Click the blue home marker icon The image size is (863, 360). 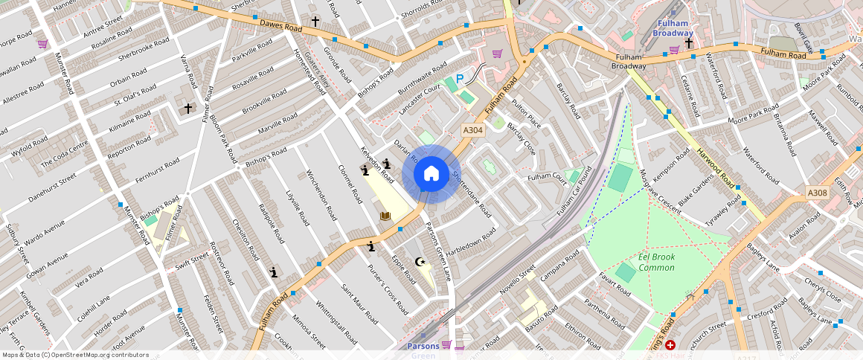pos(431,174)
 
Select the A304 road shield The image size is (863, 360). pos(473,129)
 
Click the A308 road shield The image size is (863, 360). pos(818,193)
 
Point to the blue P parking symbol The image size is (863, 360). pos(459,78)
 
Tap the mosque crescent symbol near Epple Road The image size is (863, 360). pos(420,261)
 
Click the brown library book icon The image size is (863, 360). pos(385,216)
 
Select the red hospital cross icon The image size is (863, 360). pos(670,345)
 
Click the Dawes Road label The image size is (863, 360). pos(280,28)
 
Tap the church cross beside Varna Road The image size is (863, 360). pos(188,109)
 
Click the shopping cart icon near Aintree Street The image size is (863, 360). pos(42,44)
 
